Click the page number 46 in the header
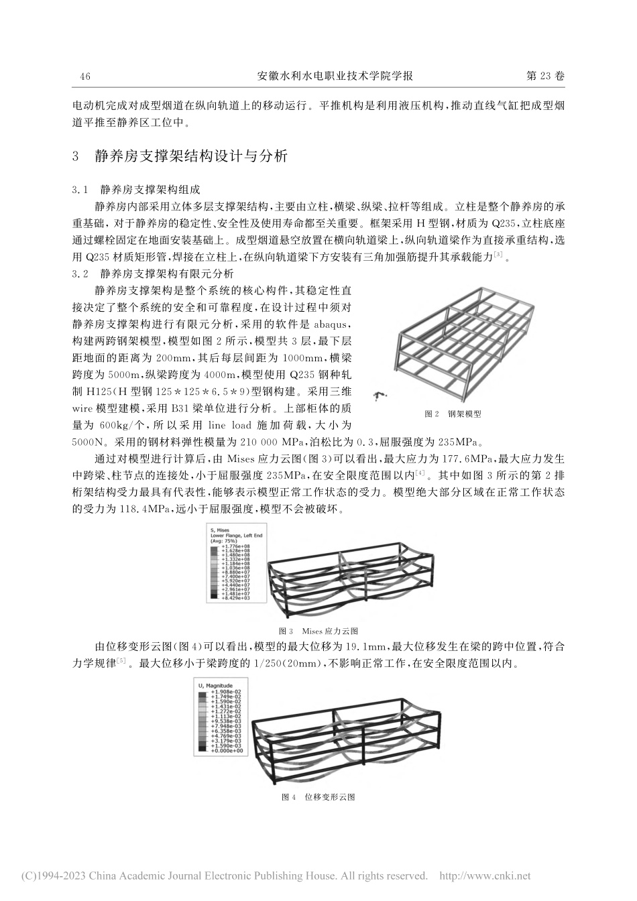(x=85, y=76)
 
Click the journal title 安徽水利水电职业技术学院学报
(x=335, y=76)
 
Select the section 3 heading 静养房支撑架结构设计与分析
(x=192, y=156)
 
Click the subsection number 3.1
(x=80, y=190)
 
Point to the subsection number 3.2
(x=80, y=274)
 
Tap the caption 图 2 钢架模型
(x=453, y=414)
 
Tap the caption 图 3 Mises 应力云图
(x=318, y=632)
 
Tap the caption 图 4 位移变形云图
(x=318, y=797)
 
